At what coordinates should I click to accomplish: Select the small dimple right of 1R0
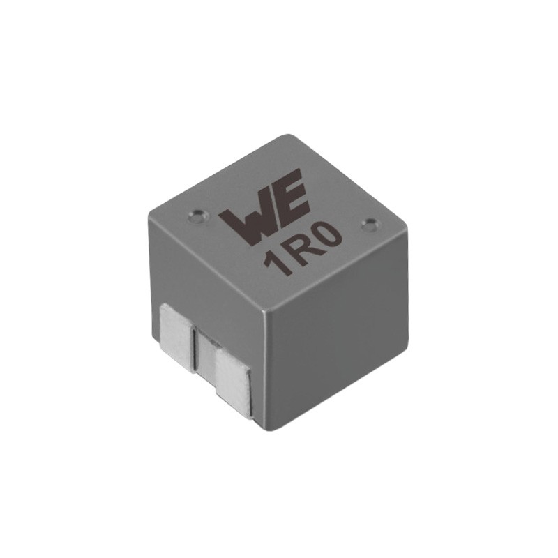point(369,225)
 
